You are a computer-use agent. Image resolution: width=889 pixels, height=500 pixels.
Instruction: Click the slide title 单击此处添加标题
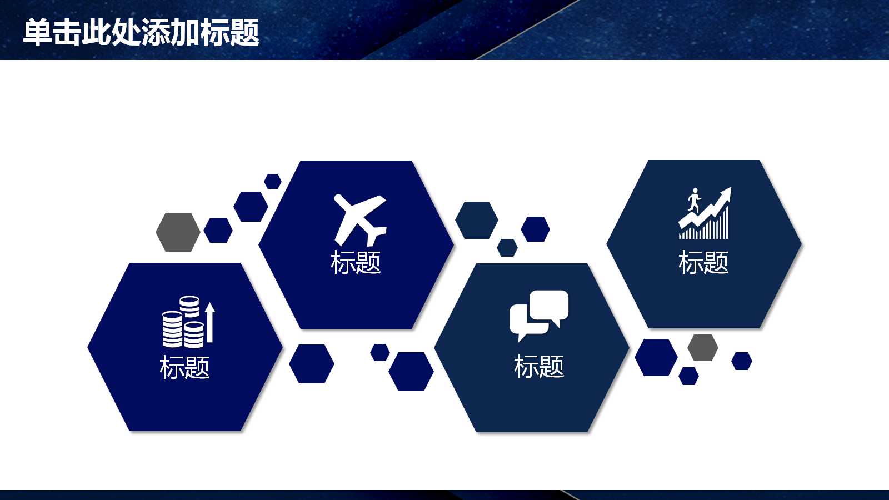[x=141, y=32]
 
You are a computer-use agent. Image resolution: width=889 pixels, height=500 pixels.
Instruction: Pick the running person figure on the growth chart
[x=694, y=199]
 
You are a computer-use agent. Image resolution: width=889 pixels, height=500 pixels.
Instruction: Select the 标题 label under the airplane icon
[x=356, y=262]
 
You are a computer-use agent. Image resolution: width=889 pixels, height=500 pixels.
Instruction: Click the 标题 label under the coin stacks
[x=184, y=367]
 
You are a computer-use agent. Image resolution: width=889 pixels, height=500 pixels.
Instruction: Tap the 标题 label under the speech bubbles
[x=539, y=367]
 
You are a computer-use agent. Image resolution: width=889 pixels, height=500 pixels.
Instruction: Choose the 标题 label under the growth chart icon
[x=703, y=262]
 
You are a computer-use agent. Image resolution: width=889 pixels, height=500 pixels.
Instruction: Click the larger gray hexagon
[x=178, y=232]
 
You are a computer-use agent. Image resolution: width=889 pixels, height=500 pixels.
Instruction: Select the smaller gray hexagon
[x=703, y=347]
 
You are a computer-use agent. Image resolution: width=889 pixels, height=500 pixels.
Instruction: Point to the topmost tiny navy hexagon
[x=273, y=181]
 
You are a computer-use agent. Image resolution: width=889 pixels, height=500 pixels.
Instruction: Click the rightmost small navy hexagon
[x=742, y=361]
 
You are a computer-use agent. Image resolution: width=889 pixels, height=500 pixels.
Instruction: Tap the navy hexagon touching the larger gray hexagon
[x=218, y=230]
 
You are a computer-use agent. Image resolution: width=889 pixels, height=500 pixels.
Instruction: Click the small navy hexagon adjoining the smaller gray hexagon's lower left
[x=688, y=376]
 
